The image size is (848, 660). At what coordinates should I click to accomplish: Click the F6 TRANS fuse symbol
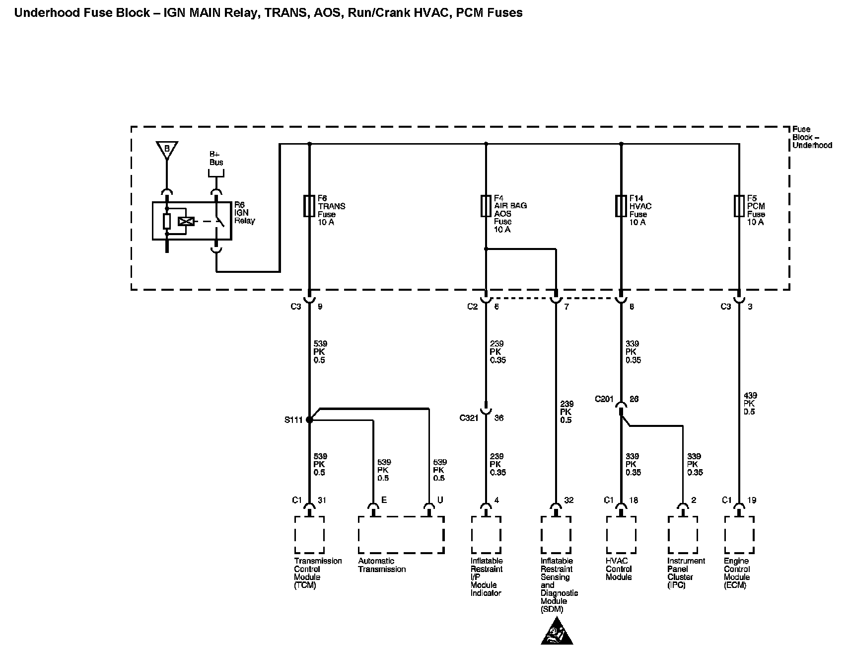pyautogui.click(x=309, y=206)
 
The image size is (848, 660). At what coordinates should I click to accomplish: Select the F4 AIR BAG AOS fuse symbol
pyautogui.click(x=486, y=206)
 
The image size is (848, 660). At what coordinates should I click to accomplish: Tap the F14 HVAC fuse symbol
pyautogui.click(x=621, y=206)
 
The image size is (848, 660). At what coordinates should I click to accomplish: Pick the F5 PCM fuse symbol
pyautogui.click(x=739, y=206)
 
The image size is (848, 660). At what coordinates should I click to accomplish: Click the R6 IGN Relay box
pyautogui.click(x=192, y=221)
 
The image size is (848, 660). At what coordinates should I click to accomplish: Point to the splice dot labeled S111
pyautogui.click(x=309, y=420)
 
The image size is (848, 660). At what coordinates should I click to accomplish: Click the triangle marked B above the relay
pyautogui.click(x=167, y=149)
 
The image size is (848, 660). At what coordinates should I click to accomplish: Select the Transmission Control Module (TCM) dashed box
pyautogui.click(x=309, y=535)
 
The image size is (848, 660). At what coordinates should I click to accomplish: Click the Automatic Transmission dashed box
pyautogui.click(x=401, y=535)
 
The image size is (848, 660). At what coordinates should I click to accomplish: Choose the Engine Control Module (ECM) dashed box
pyautogui.click(x=739, y=535)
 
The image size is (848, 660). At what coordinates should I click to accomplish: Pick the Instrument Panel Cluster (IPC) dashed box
pyautogui.click(x=683, y=535)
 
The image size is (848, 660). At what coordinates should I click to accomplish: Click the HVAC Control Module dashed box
pyautogui.click(x=621, y=535)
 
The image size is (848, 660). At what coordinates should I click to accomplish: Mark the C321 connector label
pyautogui.click(x=469, y=418)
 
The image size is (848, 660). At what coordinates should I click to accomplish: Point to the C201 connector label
pyautogui.click(x=604, y=399)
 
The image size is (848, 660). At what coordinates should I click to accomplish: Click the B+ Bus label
pyautogui.click(x=216, y=159)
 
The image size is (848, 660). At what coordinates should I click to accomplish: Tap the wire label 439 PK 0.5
pyautogui.click(x=750, y=404)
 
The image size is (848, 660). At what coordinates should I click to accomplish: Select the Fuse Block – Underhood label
pyautogui.click(x=812, y=137)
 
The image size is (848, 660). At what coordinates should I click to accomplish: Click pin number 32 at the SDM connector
pyautogui.click(x=569, y=500)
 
